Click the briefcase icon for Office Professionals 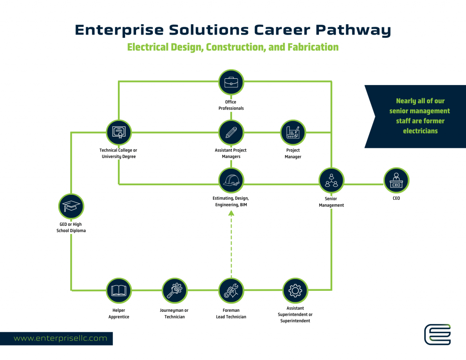231,82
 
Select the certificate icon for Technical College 118,132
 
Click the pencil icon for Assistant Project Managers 231,132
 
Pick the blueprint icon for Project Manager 293,132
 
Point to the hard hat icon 231,181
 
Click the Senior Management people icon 331,181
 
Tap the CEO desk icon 396,181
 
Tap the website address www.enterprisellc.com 60,338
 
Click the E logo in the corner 437,335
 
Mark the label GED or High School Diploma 71,227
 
